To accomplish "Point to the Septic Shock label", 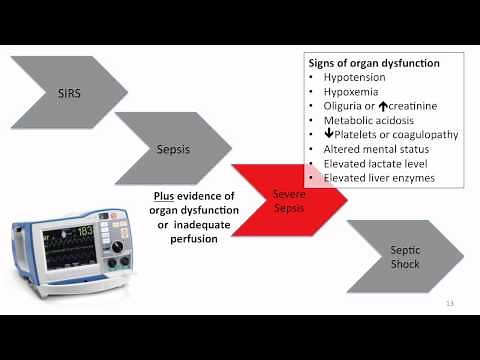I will tap(404, 256).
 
